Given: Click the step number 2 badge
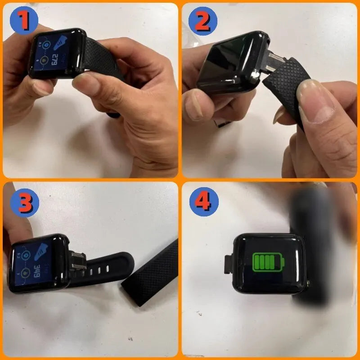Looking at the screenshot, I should click(x=203, y=20).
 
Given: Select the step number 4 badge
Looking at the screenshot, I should click(x=203, y=202).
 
